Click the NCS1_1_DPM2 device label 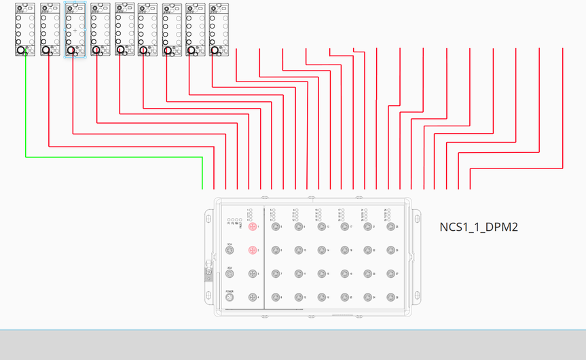pos(479,227)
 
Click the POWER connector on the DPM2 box pos(230,298)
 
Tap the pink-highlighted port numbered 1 pos(253,227)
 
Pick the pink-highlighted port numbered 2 pos(253,251)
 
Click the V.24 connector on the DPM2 pos(230,251)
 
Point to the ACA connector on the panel pos(230,274)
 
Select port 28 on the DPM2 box pos(390,298)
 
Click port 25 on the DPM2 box pos(390,227)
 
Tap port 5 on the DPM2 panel pos(276,227)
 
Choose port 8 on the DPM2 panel pos(276,298)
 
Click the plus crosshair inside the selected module pos(75,31)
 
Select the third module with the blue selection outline pos(75,20)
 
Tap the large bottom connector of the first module pos(21,50)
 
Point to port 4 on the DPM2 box pos(253,298)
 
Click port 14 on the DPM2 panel pos(322,251)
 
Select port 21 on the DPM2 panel pos(367,227)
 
